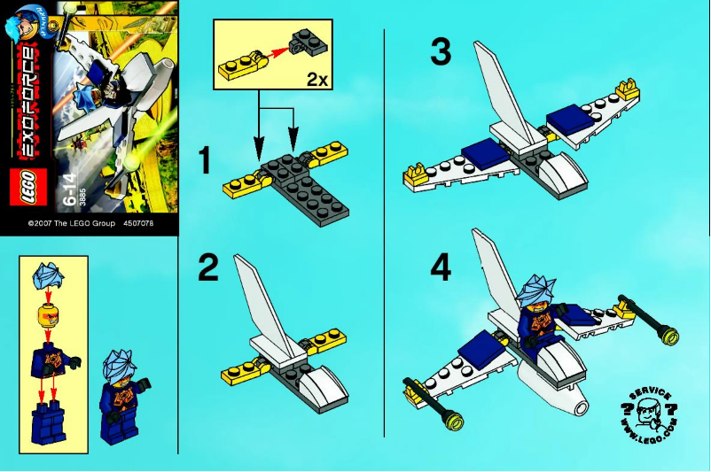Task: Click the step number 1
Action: tap(205, 161)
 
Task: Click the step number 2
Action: tap(207, 268)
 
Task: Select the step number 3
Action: tap(440, 52)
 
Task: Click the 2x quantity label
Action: tap(316, 79)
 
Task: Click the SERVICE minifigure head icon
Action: tap(649, 414)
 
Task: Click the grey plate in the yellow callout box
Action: tap(307, 40)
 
